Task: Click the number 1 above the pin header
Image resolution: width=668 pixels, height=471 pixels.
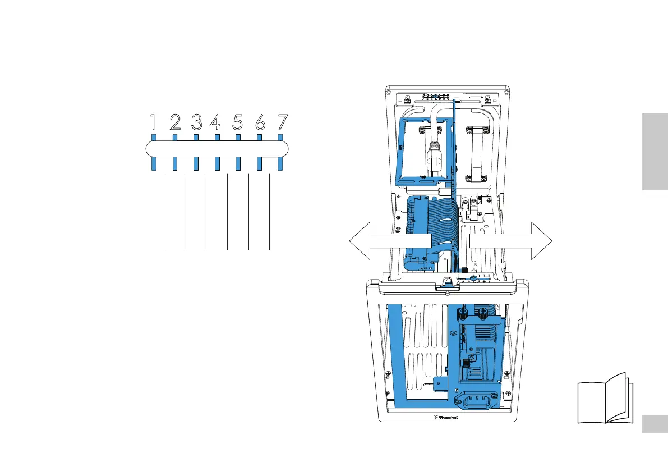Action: pos(154,122)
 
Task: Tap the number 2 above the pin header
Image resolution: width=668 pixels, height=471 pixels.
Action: pos(175,122)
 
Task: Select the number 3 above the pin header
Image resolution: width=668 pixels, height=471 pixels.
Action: pos(196,122)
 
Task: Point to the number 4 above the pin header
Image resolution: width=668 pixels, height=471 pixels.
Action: pos(216,122)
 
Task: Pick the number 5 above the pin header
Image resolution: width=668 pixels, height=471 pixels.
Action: pos(238,122)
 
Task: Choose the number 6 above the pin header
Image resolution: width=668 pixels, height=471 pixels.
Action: pos(259,122)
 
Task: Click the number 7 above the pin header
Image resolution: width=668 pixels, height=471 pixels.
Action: pos(281,122)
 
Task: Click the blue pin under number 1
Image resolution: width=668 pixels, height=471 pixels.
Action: pos(154,163)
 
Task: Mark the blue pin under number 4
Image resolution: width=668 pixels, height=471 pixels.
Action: pos(217,163)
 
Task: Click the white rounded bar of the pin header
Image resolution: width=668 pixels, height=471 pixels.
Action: pos(217,149)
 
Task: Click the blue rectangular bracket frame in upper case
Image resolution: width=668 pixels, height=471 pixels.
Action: pos(425,150)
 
